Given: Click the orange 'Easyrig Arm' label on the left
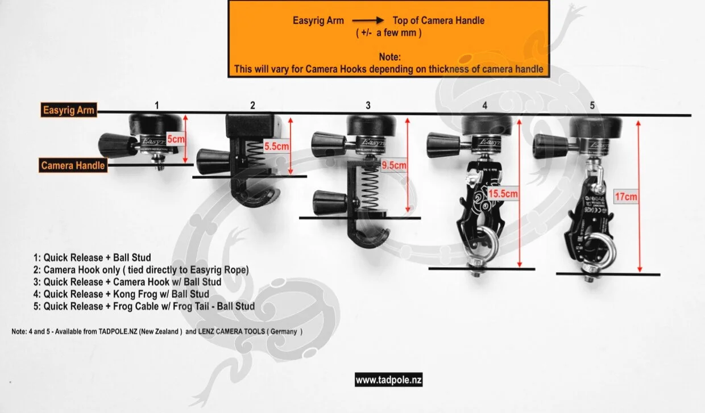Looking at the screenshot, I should (x=68, y=111).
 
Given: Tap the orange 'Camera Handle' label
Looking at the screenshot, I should (x=73, y=165).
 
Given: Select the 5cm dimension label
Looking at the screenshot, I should (x=176, y=137).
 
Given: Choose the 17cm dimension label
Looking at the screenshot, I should (x=626, y=197).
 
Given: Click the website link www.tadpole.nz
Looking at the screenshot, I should (x=389, y=380).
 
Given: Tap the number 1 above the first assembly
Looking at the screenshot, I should (x=157, y=105).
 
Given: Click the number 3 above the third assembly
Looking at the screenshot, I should (x=368, y=105).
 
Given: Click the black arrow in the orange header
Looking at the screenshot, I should (x=368, y=20).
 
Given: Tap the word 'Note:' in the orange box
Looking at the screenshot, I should (x=389, y=57).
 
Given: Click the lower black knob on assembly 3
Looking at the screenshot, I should (x=330, y=202).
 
